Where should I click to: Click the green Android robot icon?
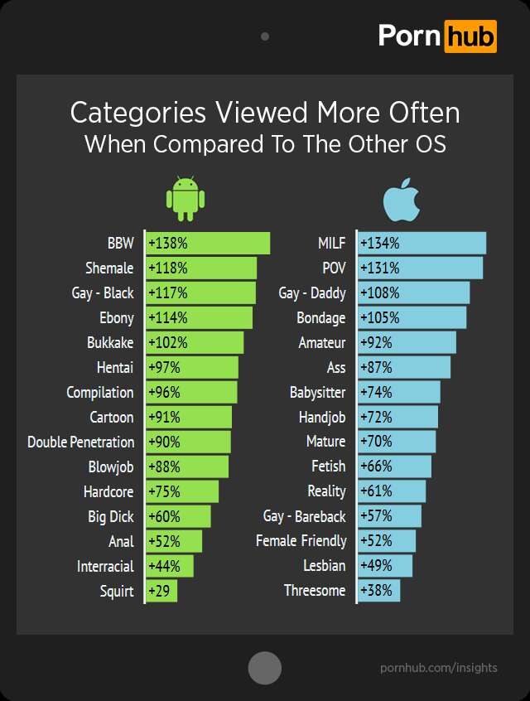point(185,198)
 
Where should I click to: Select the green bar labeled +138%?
point(208,244)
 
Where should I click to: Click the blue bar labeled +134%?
point(422,244)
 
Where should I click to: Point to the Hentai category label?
point(115,367)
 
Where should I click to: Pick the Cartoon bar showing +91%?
point(189,417)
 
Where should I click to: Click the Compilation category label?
point(100,392)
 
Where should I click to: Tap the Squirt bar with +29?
point(161,591)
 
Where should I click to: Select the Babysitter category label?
point(318,392)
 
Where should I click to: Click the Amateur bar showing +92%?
point(407,342)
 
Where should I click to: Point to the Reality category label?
point(326,491)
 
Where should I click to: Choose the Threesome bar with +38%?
point(379,591)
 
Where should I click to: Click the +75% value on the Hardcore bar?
point(164,491)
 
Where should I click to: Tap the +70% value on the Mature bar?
point(377,442)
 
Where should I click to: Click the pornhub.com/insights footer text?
point(439,667)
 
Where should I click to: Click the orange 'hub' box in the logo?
point(470,36)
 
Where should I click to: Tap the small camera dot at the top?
point(265,36)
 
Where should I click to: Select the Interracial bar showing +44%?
point(170,566)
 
